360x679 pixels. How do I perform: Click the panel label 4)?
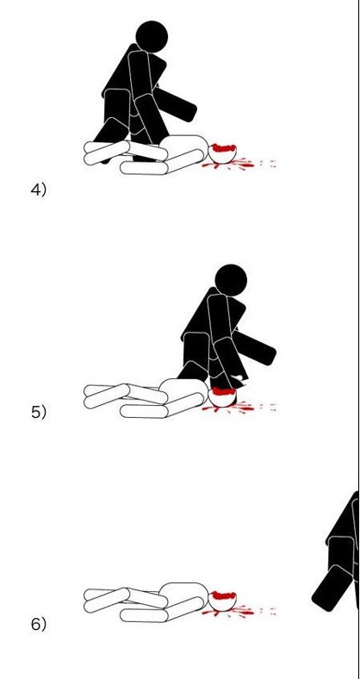(38, 190)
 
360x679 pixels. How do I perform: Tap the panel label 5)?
(38, 412)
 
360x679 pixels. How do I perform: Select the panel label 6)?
(38, 624)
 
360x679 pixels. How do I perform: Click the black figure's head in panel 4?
(152, 37)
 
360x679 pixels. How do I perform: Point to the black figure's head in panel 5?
(231, 280)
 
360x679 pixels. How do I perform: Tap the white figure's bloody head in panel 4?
(223, 153)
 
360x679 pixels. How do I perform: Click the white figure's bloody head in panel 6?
(223, 601)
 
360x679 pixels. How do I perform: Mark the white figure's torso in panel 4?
(184, 148)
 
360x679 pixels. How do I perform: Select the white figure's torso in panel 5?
(184, 391)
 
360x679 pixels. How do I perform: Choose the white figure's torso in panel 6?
(184, 596)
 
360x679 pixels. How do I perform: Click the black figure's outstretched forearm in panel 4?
(175, 104)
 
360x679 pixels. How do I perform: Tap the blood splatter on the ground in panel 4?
(239, 164)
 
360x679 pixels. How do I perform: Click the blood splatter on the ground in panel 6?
(239, 612)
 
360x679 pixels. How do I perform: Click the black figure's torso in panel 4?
(140, 72)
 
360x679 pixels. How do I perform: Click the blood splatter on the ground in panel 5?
(239, 408)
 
